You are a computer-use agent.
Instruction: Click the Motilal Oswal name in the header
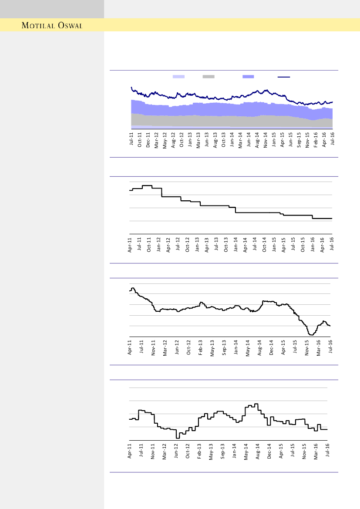52,25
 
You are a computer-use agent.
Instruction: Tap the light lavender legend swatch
178,77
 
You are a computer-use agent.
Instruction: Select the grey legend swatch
209,77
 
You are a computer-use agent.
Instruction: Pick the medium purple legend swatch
248,77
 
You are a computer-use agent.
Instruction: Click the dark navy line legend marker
284,77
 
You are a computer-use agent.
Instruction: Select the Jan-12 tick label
158,245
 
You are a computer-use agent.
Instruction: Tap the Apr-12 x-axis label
168,245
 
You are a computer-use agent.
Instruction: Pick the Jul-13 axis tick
216,245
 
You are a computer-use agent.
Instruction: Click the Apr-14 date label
246,245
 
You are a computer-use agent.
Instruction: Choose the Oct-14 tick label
265,245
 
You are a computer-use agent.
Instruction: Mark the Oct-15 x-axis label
303,245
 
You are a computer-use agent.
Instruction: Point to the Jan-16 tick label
313,245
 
